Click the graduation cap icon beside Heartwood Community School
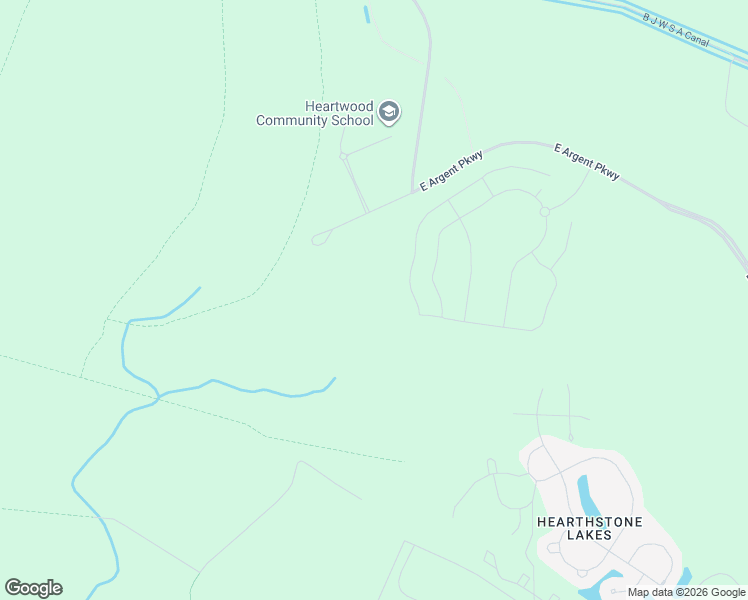[x=389, y=113]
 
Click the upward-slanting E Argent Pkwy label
[x=451, y=170]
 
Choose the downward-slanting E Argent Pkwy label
[x=587, y=162]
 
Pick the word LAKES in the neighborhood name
[x=589, y=535]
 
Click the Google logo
[x=33, y=587]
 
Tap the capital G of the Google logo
[x=13, y=587]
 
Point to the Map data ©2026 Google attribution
[x=686, y=592]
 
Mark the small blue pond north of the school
[x=367, y=14]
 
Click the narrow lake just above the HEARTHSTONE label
[x=586, y=493]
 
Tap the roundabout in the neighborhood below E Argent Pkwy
[x=545, y=212]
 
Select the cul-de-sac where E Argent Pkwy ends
[x=318, y=239]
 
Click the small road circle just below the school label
[x=343, y=156]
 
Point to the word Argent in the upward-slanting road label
[x=451, y=170]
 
